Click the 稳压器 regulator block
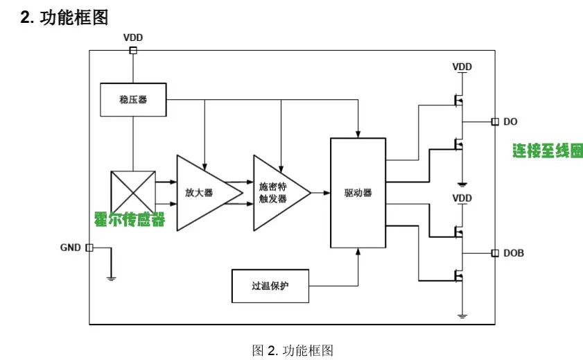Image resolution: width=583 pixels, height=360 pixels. pyautogui.click(x=133, y=100)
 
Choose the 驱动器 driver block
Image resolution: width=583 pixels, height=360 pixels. pyautogui.click(x=358, y=193)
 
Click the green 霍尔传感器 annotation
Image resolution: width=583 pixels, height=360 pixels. pyautogui.click(x=130, y=220)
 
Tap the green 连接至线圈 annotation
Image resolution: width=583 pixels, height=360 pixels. pyautogui.click(x=548, y=151)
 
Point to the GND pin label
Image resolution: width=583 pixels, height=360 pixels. pyautogui.click(x=71, y=248)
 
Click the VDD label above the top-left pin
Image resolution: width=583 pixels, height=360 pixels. pyautogui.click(x=133, y=37)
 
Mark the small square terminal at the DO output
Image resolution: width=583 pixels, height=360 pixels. pyautogui.click(x=494, y=122)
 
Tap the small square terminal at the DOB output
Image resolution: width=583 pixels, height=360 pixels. pyautogui.click(x=494, y=253)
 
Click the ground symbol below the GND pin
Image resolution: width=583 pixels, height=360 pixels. pyautogui.click(x=111, y=277)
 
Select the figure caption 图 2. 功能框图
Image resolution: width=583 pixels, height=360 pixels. pyautogui.click(x=293, y=350)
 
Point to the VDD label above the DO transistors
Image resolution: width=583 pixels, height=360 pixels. pyautogui.click(x=462, y=67)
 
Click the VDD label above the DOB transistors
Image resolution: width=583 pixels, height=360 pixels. pyautogui.click(x=462, y=198)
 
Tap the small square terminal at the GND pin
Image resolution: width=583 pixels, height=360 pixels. pyautogui.click(x=89, y=248)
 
